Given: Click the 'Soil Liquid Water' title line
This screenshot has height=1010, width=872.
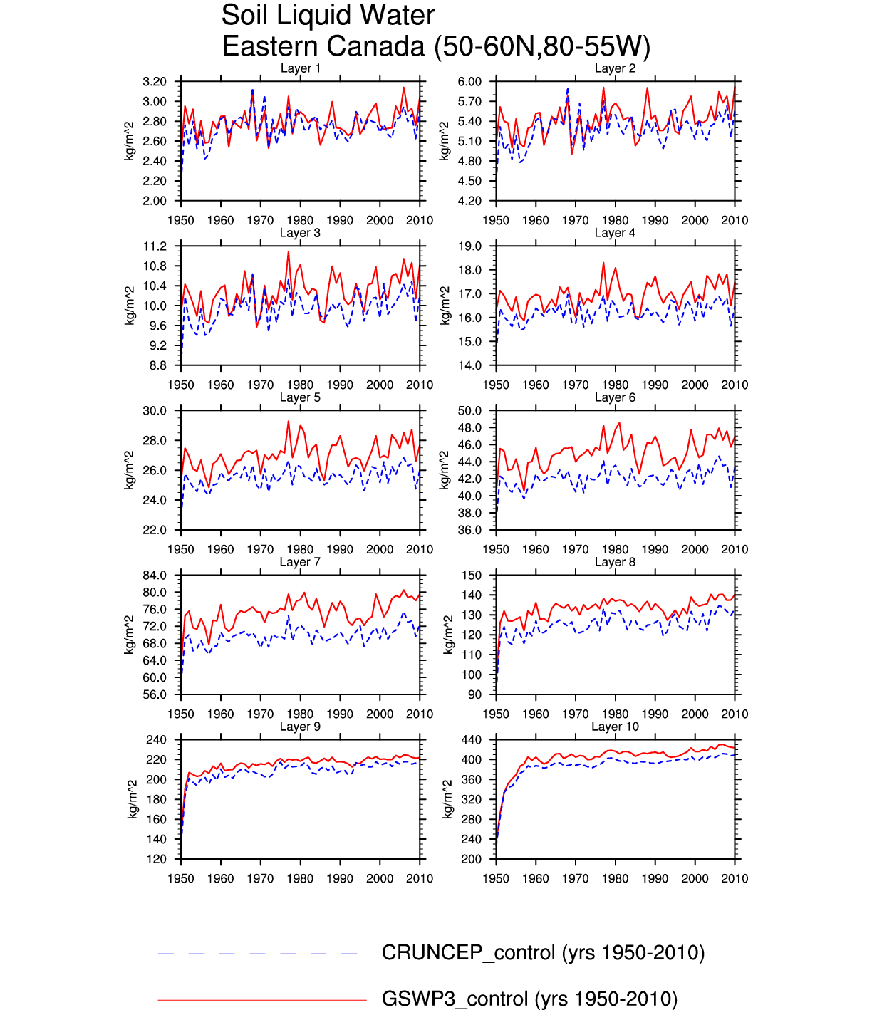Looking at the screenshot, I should pyautogui.click(x=328, y=16).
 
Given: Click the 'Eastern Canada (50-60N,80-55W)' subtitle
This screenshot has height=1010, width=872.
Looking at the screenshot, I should pyautogui.click(x=436, y=47).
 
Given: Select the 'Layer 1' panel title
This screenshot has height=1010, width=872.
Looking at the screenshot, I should pyautogui.click(x=300, y=68).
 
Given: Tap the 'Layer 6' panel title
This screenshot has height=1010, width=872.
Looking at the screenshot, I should pyautogui.click(x=615, y=397).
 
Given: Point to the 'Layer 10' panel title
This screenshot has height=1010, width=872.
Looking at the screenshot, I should pyautogui.click(x=615, y=727).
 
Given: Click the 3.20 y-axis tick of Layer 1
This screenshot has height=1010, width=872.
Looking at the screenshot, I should pyautogui.click(x=155, y=82).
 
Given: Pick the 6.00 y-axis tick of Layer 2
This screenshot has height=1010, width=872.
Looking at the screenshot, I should pyautogui.click(x=469, y=82).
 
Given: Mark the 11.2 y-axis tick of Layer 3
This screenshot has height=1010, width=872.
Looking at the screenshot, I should pyautogui.click(x=155, y=246).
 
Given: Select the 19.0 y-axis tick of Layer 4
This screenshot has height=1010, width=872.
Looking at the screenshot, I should pyautogui.click(x=470, y=246).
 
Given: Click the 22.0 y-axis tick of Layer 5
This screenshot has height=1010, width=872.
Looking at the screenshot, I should pyautogui.click(x=155, y=530).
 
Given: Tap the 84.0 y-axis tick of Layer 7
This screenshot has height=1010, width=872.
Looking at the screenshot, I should pyautogui.click(x=155, y=576).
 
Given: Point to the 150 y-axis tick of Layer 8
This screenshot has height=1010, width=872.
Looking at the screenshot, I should pyautogui.click(x=472, y=576).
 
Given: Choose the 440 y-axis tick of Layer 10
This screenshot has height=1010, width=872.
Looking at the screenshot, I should pyautogui.click(x=472, y=740).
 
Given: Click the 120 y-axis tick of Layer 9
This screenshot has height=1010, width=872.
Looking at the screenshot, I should pyautogui.click(x=157, y=859).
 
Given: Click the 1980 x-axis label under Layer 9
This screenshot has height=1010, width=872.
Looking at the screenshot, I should pyautogui.click(x=300, y=879).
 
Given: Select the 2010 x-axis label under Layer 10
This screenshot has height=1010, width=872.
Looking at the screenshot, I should pyautogui.click(x=735, y=879).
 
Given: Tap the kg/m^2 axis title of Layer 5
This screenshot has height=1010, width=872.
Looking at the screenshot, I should pyautogui.click(x=130, y=470).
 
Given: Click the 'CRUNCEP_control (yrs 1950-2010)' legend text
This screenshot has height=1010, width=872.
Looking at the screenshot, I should pyautogui.click(x=543, y=953).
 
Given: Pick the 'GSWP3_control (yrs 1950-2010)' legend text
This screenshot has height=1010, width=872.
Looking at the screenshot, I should pyautogui.click(x=529, y=999).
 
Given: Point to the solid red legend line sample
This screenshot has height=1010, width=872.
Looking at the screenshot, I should pyautogui.click(x=261, y=1000).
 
